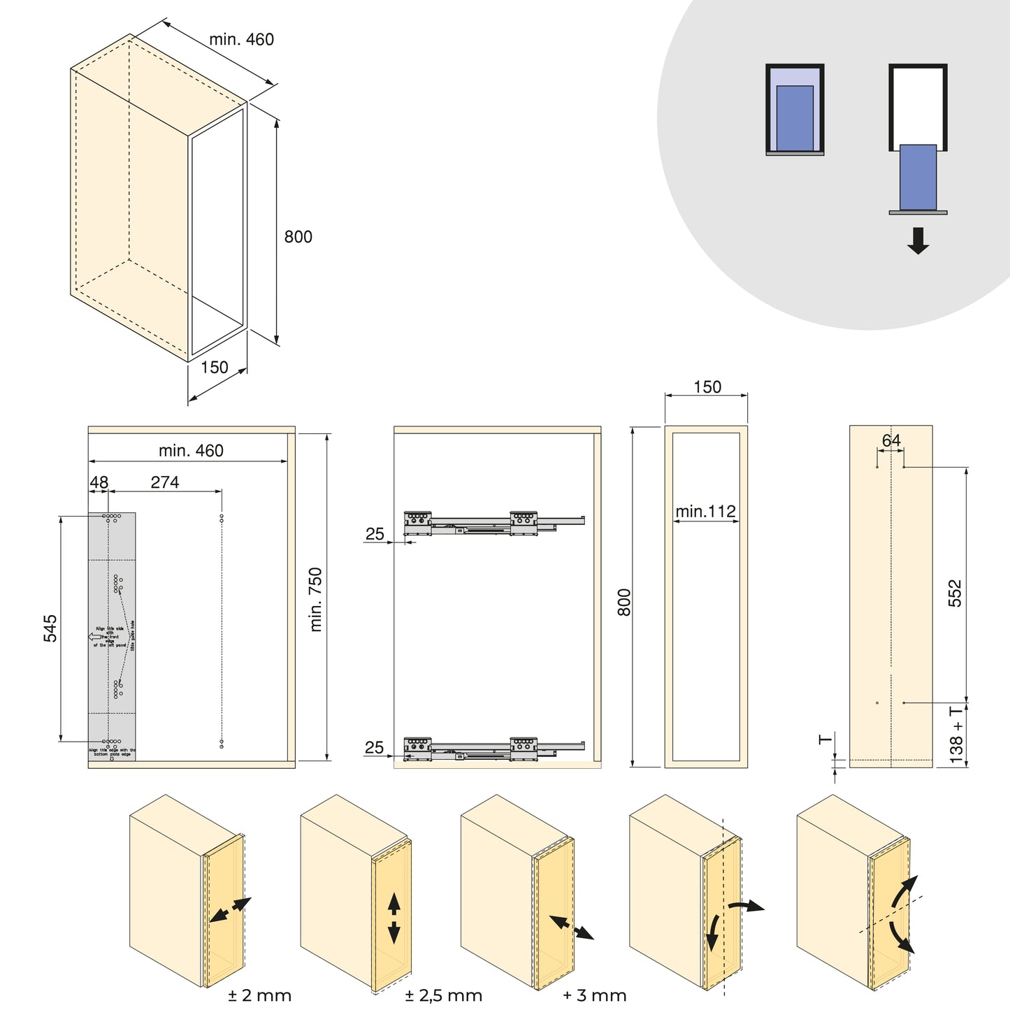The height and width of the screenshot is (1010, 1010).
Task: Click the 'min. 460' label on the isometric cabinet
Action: (241, 40)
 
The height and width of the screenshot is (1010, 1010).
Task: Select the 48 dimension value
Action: (99, 482)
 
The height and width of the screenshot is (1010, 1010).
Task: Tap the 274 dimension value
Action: (165, 482)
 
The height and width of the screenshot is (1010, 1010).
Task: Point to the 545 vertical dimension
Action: (51, 628)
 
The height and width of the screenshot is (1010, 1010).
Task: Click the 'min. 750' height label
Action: (316, 600)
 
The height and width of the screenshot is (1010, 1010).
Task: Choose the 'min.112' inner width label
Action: (705, 512)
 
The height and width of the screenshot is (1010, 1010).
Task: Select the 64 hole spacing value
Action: (891, 441)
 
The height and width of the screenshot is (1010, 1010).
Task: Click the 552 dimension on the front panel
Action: (955, 593)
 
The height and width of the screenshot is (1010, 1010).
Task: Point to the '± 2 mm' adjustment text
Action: (259, 995)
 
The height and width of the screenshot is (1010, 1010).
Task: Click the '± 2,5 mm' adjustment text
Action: (443, 995)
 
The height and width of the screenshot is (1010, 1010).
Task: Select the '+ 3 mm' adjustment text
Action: (594, 995)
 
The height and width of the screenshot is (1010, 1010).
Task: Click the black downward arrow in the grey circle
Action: (918, 240)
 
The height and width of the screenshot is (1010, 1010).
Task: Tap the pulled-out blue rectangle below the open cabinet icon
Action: (918, 178)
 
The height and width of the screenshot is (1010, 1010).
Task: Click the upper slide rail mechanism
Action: (493, 523)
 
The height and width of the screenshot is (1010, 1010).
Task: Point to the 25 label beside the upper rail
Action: (375, 534)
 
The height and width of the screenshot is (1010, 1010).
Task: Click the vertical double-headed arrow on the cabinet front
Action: (394, 918)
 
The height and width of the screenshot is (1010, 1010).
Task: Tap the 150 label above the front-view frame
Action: (707, 387)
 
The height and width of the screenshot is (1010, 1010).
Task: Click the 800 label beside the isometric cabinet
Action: (298, 237)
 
